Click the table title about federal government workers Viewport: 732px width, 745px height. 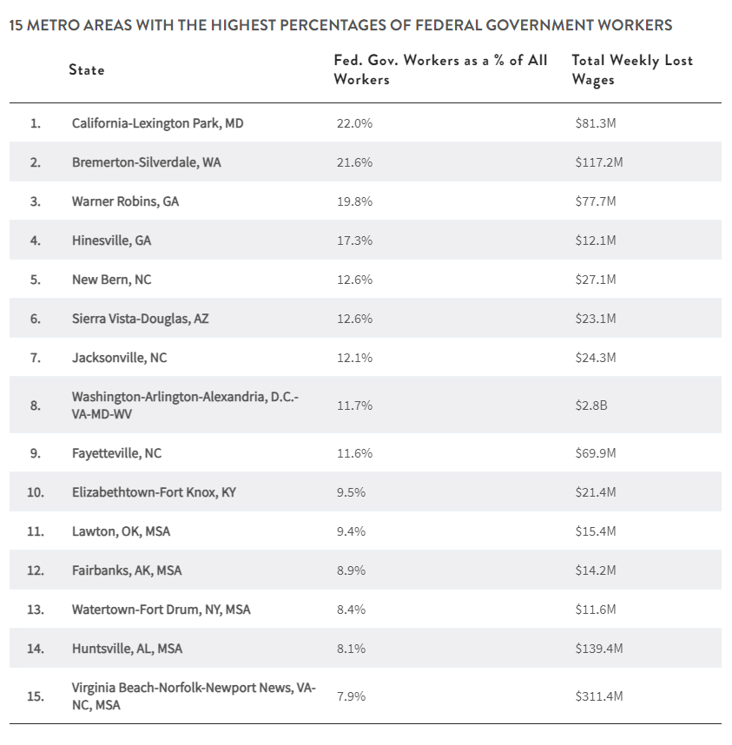340,25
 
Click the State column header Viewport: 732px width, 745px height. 87,69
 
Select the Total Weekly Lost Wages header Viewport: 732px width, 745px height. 631,69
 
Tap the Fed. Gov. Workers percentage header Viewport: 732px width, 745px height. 440,69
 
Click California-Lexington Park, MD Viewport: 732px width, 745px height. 157,123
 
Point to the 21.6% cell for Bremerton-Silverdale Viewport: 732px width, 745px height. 354,162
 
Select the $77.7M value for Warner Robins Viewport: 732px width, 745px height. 595,201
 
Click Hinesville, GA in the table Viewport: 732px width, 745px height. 111,241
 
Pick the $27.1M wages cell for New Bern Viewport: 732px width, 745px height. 595,280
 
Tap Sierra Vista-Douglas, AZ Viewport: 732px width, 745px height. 140,319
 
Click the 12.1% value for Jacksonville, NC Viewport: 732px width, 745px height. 354,358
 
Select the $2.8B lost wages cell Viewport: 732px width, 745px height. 590,405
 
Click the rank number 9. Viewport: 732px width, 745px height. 35,453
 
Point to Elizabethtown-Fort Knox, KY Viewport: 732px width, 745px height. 154,492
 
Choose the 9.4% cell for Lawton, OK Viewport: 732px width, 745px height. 351,531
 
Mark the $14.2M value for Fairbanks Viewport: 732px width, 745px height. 595,570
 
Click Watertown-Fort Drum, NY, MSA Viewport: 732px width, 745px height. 161,610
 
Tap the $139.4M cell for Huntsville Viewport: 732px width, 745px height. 598,649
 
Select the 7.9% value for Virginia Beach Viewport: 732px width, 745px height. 351,696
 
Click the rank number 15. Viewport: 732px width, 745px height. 35,696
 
